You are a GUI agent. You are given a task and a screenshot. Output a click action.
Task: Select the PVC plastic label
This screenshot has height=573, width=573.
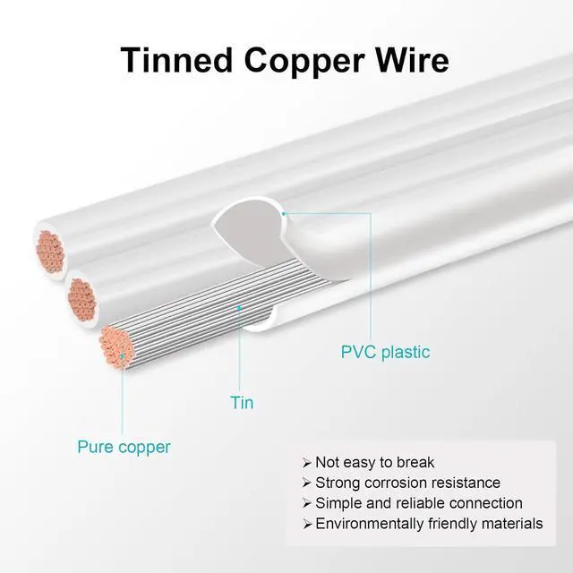pyautogui.click(x=385, y=352)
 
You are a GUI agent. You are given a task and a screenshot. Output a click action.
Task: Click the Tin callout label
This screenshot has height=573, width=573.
pyautogui.click(x=242, y=403)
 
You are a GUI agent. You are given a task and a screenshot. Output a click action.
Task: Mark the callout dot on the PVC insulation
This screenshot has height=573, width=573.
pyautogui.click(x=284, y=214)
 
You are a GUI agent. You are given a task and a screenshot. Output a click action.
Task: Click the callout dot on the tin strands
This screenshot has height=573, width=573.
pyautogui.click(x=240, y=307)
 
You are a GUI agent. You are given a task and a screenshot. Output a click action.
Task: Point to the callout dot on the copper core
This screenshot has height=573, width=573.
pyautogui.click(x=123, y=356)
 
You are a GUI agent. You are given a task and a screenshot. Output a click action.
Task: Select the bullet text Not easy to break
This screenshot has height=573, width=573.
pyautogui.click(x=374, y=463)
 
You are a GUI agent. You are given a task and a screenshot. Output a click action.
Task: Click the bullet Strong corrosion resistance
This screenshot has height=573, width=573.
pyautogui.click(x=407, y=483)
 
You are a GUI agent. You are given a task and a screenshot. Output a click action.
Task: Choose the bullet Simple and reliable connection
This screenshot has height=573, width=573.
pyautogui.click(x=418, y=503)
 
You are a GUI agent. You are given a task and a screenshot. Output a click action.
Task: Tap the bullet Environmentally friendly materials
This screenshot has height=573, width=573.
pyautogui.click(x=429, y=524)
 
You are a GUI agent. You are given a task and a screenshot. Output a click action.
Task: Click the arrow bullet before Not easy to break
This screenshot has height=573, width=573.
pyautogui.click(x=307, y=463)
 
